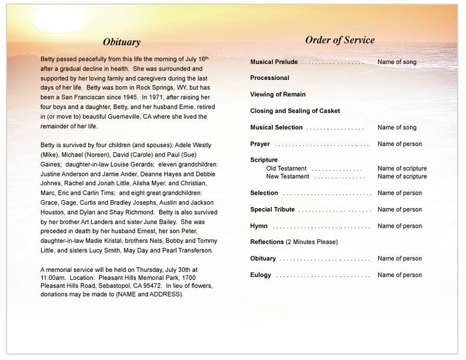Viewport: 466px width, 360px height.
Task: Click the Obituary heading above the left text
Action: click(x=121, y=42)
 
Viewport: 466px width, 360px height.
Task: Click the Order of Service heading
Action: click(x=339, y=40)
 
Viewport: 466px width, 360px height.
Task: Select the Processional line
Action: click(x=269, y=78)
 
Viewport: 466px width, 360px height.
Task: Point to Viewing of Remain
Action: click(x=278, y=94)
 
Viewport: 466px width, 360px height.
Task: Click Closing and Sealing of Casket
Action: click(x=295, y=111)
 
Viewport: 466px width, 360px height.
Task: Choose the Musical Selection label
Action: click(x=276, y=127)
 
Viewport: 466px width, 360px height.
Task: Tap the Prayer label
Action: click(x=260, y=144)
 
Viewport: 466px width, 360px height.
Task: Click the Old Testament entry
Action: click(x=286, y=168)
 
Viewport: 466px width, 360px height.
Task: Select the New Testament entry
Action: click(x=287, y=176)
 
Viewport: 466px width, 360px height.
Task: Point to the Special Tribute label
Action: click(x=272, y=209)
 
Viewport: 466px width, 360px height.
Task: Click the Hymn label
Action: click(x=259, y=226)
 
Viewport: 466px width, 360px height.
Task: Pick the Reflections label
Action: click(x=267, y=242)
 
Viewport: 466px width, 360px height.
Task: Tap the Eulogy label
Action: click(x=261, y=275)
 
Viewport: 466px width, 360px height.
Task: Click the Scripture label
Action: click(x=264, y=160)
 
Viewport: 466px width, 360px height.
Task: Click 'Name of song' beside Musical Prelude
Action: click(x=397, y=61)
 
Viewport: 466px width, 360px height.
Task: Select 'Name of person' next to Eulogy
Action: click(x=400, y=275)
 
